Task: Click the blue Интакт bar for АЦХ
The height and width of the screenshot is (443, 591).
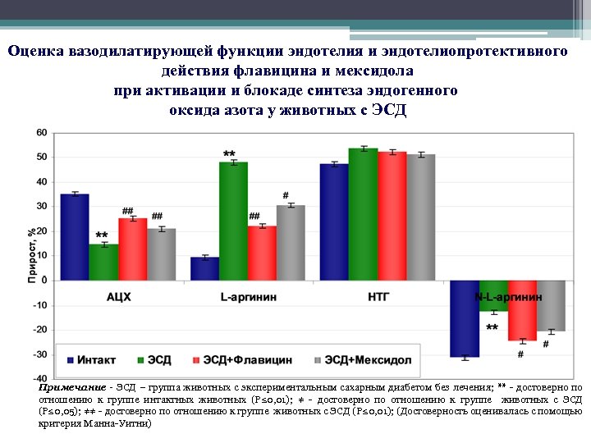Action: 75,237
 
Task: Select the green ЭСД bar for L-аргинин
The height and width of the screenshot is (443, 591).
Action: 233,221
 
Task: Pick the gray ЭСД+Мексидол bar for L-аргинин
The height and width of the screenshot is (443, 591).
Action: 291,243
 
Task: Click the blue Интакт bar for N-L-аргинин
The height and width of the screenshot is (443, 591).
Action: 465,318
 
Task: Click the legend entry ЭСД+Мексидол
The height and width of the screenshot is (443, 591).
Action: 361,360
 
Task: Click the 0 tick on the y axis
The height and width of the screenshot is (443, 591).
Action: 44,281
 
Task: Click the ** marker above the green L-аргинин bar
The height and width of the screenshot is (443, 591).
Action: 230,154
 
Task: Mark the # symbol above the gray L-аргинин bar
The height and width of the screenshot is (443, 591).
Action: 285,195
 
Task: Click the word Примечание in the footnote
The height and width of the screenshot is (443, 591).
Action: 71,386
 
